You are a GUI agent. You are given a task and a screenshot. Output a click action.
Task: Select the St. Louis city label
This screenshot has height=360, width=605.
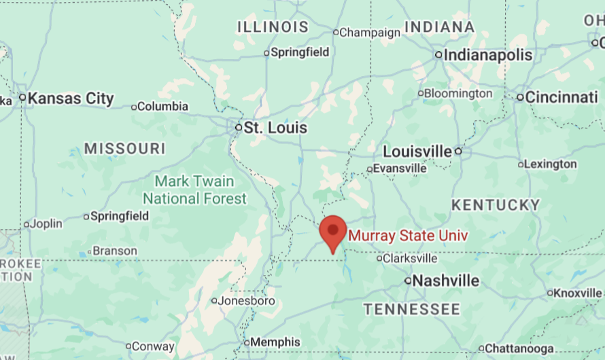tap(275, 128)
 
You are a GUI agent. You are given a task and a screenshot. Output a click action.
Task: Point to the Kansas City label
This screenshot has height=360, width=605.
tap(71, 98)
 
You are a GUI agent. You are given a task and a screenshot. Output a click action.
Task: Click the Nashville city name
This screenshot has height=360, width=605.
tap(446, 281)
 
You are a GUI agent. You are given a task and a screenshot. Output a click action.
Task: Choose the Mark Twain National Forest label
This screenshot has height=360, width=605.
tap(194, 190)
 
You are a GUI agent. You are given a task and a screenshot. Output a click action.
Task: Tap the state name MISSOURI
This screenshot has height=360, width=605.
tap(125, 149)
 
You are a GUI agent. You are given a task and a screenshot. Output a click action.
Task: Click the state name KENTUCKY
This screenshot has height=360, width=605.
tap(496, 204)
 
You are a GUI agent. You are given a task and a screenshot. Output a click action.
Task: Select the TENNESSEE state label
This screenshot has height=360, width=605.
tap(411, 310)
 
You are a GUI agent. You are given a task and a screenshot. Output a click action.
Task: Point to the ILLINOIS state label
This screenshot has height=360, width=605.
tap(273, 27)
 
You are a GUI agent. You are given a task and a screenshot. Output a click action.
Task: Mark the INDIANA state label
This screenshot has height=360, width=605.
tap(439, 27)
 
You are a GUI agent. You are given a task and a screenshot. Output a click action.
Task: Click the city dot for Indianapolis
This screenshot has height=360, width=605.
tap(438, 55)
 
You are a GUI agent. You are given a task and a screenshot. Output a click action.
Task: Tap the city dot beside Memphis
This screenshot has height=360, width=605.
tap(247, 342)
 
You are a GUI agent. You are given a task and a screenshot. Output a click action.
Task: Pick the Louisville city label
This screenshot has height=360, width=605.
tap(417, 151)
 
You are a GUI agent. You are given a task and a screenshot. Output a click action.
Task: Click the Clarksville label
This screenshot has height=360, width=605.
tap(410, 258)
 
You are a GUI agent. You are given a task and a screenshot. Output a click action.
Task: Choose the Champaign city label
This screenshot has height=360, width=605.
tap(370, 32)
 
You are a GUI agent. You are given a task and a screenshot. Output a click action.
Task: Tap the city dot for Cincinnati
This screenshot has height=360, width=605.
tap(520, 97)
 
